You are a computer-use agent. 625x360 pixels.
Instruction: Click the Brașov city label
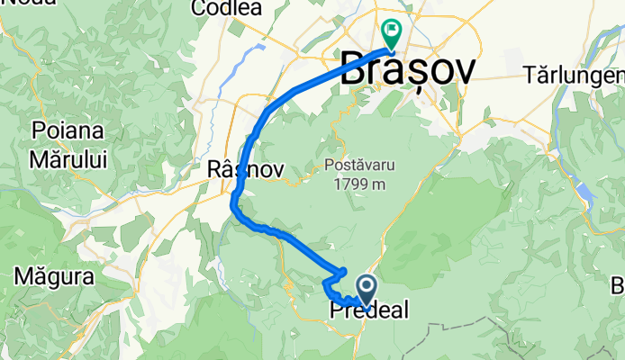click(x=408, y=69)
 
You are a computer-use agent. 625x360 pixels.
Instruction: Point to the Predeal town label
click(x=369, y=311)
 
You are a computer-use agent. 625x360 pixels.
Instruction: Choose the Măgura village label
click(x=54, y=275)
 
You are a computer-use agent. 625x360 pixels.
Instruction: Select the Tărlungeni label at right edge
click(x=577, y=74)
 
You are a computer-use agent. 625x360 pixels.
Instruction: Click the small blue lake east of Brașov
click(x=586, y=193)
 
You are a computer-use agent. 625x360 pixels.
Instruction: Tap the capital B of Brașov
click(x=354, y=69)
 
